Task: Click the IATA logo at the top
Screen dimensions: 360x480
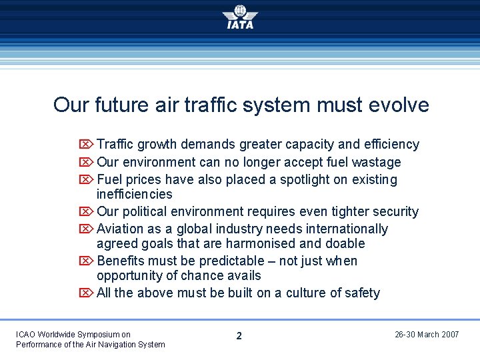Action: (x=240, y=17)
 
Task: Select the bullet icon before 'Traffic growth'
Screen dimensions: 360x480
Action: (x=86, y=145)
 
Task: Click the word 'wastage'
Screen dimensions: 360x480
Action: (x=377, y=162)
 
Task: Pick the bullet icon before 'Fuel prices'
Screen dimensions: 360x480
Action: (x=86, y=180)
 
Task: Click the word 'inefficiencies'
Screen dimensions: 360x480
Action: (x=134, y=194)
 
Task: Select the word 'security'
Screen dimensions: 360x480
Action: (x=394, y=211)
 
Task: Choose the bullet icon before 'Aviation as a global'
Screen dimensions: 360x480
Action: (x=86, y=229)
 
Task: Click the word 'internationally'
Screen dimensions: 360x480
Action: (x=347, y=229)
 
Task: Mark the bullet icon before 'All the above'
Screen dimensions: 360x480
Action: (x=86, y=293)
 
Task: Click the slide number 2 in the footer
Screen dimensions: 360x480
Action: (x=239, y=336)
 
